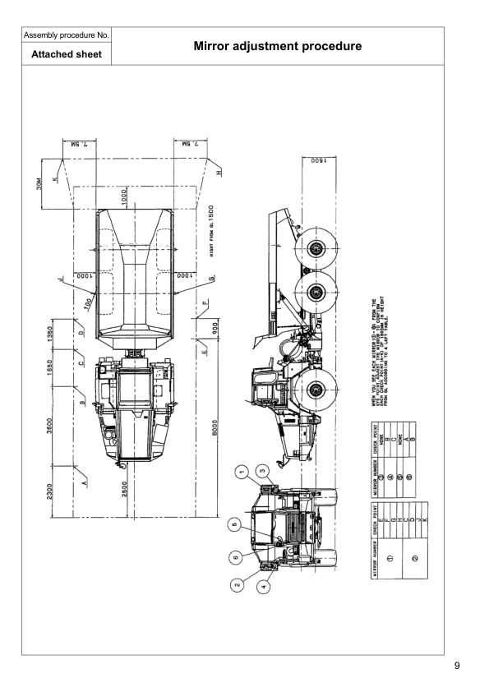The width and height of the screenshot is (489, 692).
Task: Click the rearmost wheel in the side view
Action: (x=315, y=247)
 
